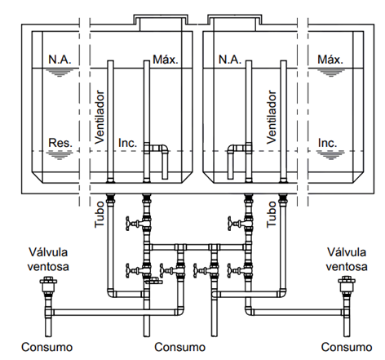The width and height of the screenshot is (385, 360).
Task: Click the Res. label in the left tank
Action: click(x=60, y=143)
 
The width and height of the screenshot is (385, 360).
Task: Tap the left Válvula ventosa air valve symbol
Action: click(x=48, y=284)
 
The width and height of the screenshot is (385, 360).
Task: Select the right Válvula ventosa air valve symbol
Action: click(x=347, y=284)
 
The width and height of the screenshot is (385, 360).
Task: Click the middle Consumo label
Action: click(x=179, y=347)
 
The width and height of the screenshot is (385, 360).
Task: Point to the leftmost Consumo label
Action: click(x=47, y=347)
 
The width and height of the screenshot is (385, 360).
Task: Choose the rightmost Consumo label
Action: click(x=347, y=347)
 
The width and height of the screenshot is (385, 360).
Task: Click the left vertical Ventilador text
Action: click(x=100, y=117)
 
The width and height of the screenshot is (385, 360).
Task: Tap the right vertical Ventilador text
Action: click(x=272, y=117)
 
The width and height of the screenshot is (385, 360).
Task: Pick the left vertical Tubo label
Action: click(x=100, y=215)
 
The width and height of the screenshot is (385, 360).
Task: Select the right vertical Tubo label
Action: click(x=272, y=215)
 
